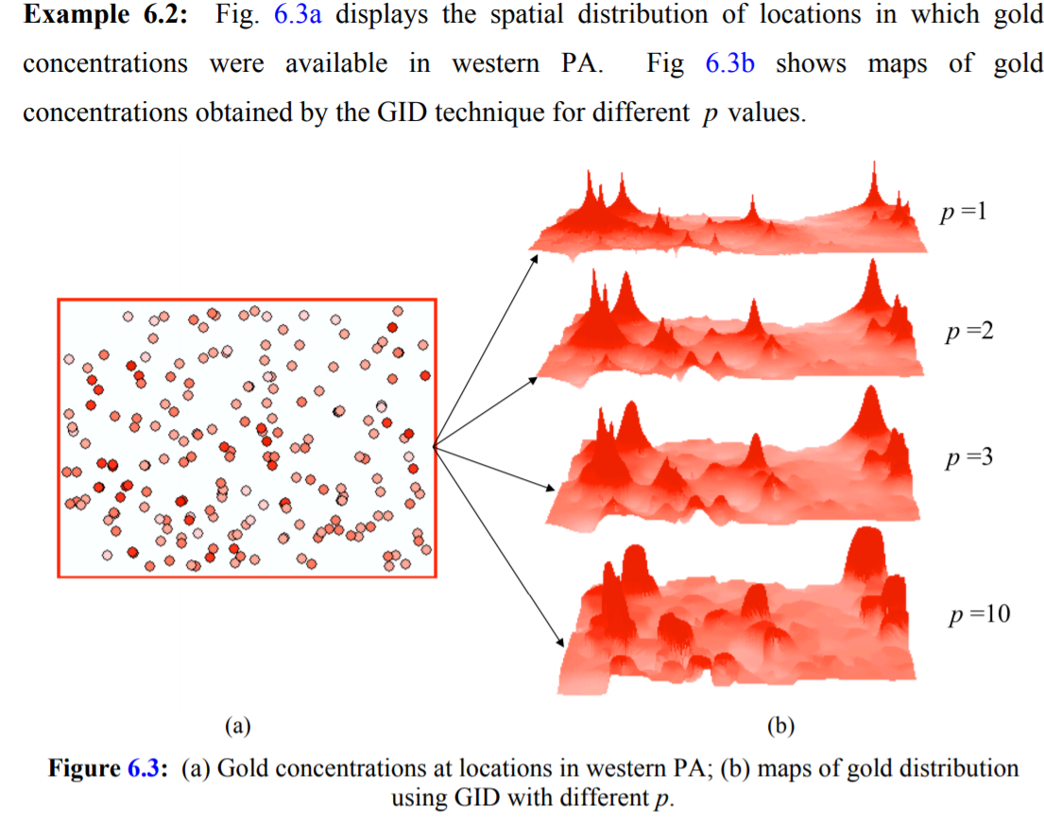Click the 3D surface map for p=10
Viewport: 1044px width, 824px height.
tap(737, 614)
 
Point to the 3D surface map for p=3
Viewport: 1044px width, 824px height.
tap(737, 463)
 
